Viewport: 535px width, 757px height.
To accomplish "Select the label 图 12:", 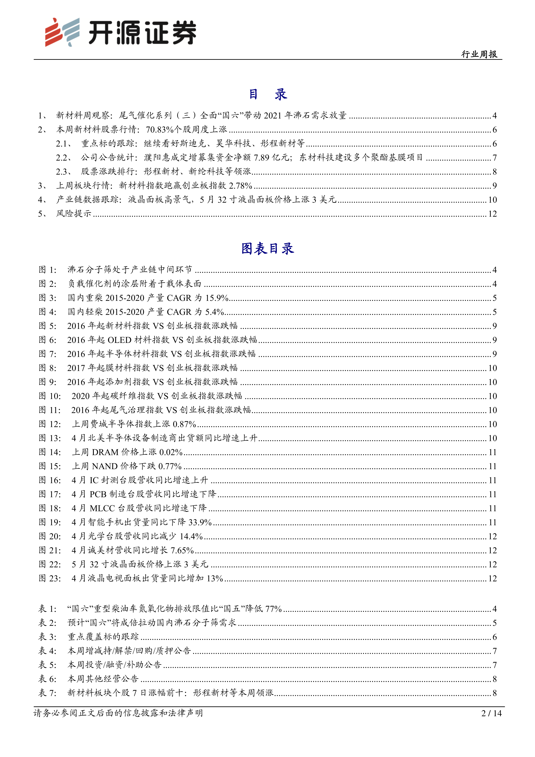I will pyautogui.click(x=50, y=424).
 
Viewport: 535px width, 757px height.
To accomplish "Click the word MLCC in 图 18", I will pyautogui.click(x=102, y=508).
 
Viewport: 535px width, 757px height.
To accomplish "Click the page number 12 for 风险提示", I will pyautogui.click(x=492, y=214).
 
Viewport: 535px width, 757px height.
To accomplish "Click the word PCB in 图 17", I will pyautogui.click(x=98, y=494).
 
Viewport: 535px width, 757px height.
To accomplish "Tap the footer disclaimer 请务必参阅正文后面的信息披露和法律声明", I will pyautogui.click(x=118, y=713).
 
